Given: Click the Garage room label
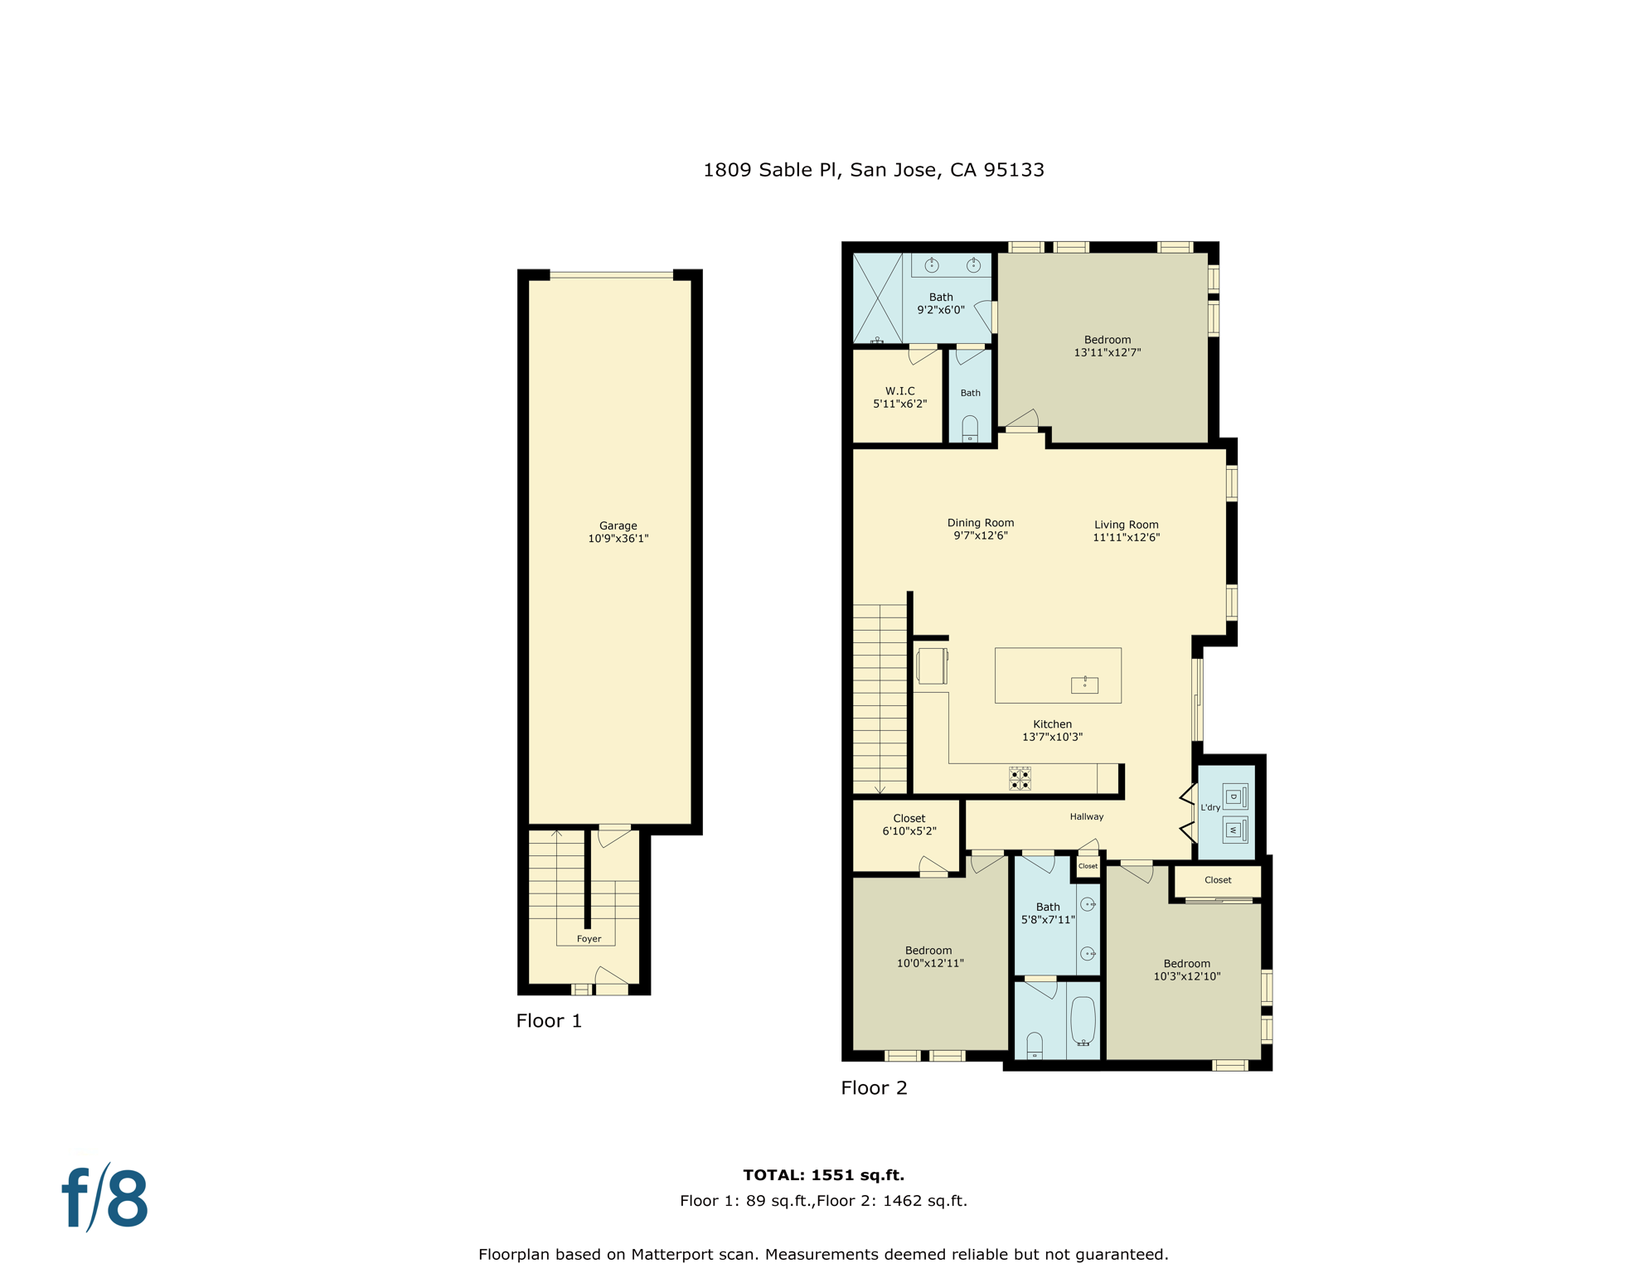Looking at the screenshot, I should click(618, 525).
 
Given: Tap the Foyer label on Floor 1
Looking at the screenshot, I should click(589, 939).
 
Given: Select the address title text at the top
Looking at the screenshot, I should click(873, 170).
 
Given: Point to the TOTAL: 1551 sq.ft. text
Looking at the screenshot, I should click(823, 1174).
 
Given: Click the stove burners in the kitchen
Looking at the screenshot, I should click(1020, 779).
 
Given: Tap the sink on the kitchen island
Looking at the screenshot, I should click(1084, 685).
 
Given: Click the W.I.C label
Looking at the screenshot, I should click(899, 391).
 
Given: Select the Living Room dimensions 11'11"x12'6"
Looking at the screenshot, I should click(1126, 538).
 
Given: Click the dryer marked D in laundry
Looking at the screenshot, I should click(1234, 797).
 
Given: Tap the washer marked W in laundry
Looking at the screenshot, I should click(1234, 830).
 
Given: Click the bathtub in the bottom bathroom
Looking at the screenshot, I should click(1083, 1020).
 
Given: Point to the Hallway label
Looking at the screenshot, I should click(1086, 816).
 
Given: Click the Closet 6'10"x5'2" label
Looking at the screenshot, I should click(909, 824).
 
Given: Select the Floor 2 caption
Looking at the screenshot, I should click(874, 1088).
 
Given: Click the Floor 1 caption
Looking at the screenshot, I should click(549, 1021).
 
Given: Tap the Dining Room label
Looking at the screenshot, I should click(981, 523).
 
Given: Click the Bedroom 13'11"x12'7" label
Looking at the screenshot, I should click(1108, 346).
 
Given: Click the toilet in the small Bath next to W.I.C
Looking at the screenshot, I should click(970, 428).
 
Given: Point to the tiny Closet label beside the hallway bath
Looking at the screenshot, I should click(1088, 866).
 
